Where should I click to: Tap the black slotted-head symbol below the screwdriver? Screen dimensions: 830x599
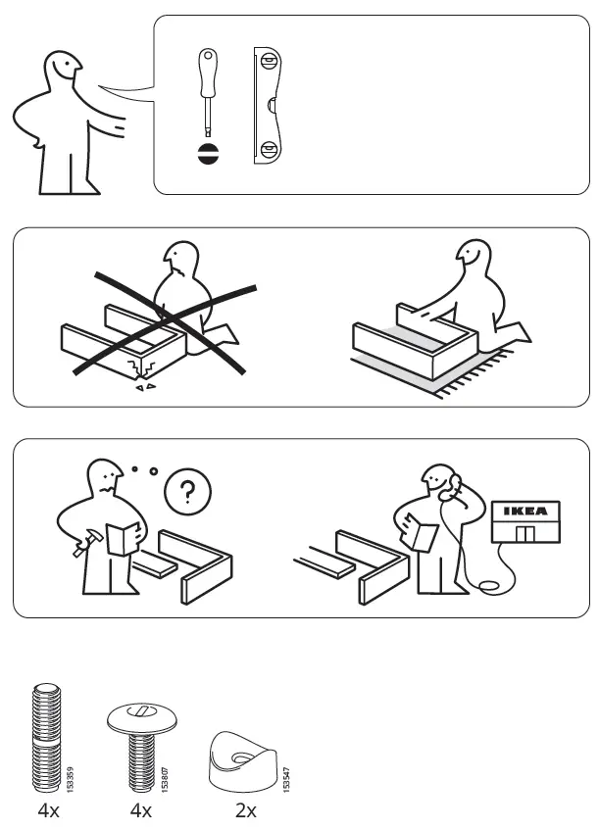pyautogui.click(x=207, y=154)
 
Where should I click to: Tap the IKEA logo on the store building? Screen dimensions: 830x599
pyautogui.click(x=526, y=511)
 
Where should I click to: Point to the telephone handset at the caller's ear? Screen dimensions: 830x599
pyautogui.click(x=452, y=483)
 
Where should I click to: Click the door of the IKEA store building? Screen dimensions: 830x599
pyautogui.click(x=526, y=534)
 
